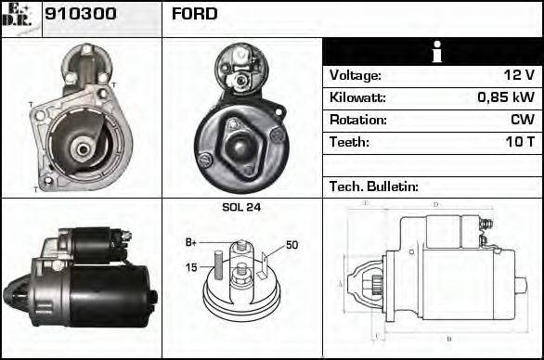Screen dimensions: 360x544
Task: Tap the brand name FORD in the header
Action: point(194,15)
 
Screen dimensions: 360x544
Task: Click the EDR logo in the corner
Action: point(19,16)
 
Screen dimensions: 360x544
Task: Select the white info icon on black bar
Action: point(432,52)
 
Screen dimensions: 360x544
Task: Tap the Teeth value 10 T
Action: point(519,142)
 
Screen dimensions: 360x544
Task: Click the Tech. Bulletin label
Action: point(374,186)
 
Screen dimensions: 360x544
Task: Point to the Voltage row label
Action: point(355,75)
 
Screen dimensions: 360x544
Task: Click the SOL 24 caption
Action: point(241,208)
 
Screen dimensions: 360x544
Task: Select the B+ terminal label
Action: point(191,242)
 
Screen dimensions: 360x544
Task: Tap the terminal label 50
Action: point(291,245)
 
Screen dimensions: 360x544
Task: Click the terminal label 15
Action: point(192,268)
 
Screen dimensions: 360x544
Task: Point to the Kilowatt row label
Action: point(357,97)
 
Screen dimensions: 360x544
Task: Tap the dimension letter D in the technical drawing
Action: point(435,205)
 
